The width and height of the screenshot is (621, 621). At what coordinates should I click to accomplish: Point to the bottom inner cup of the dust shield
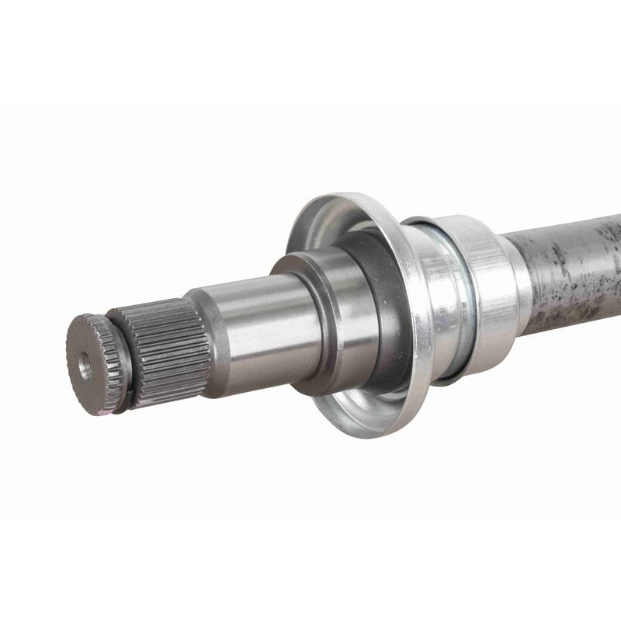[x=365, y=404]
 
